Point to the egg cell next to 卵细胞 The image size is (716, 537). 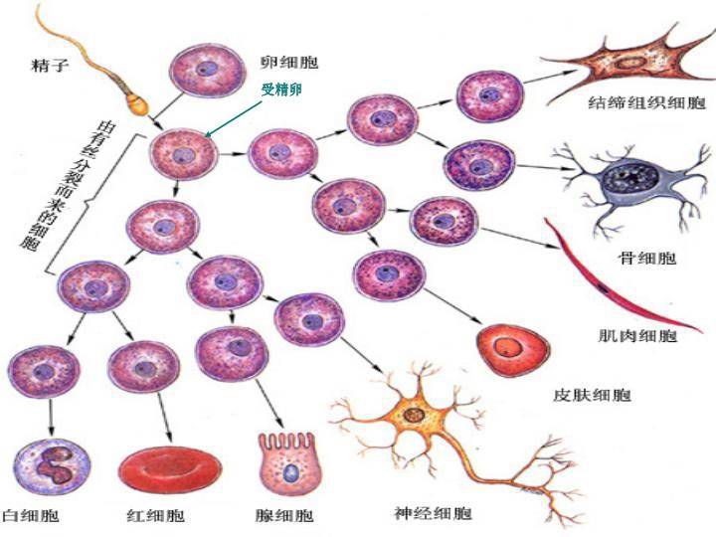tap(205, 71)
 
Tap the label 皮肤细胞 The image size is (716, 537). tap(592, 396)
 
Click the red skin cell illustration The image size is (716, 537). tap(513, 349)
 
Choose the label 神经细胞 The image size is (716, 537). tap(434, 514)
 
